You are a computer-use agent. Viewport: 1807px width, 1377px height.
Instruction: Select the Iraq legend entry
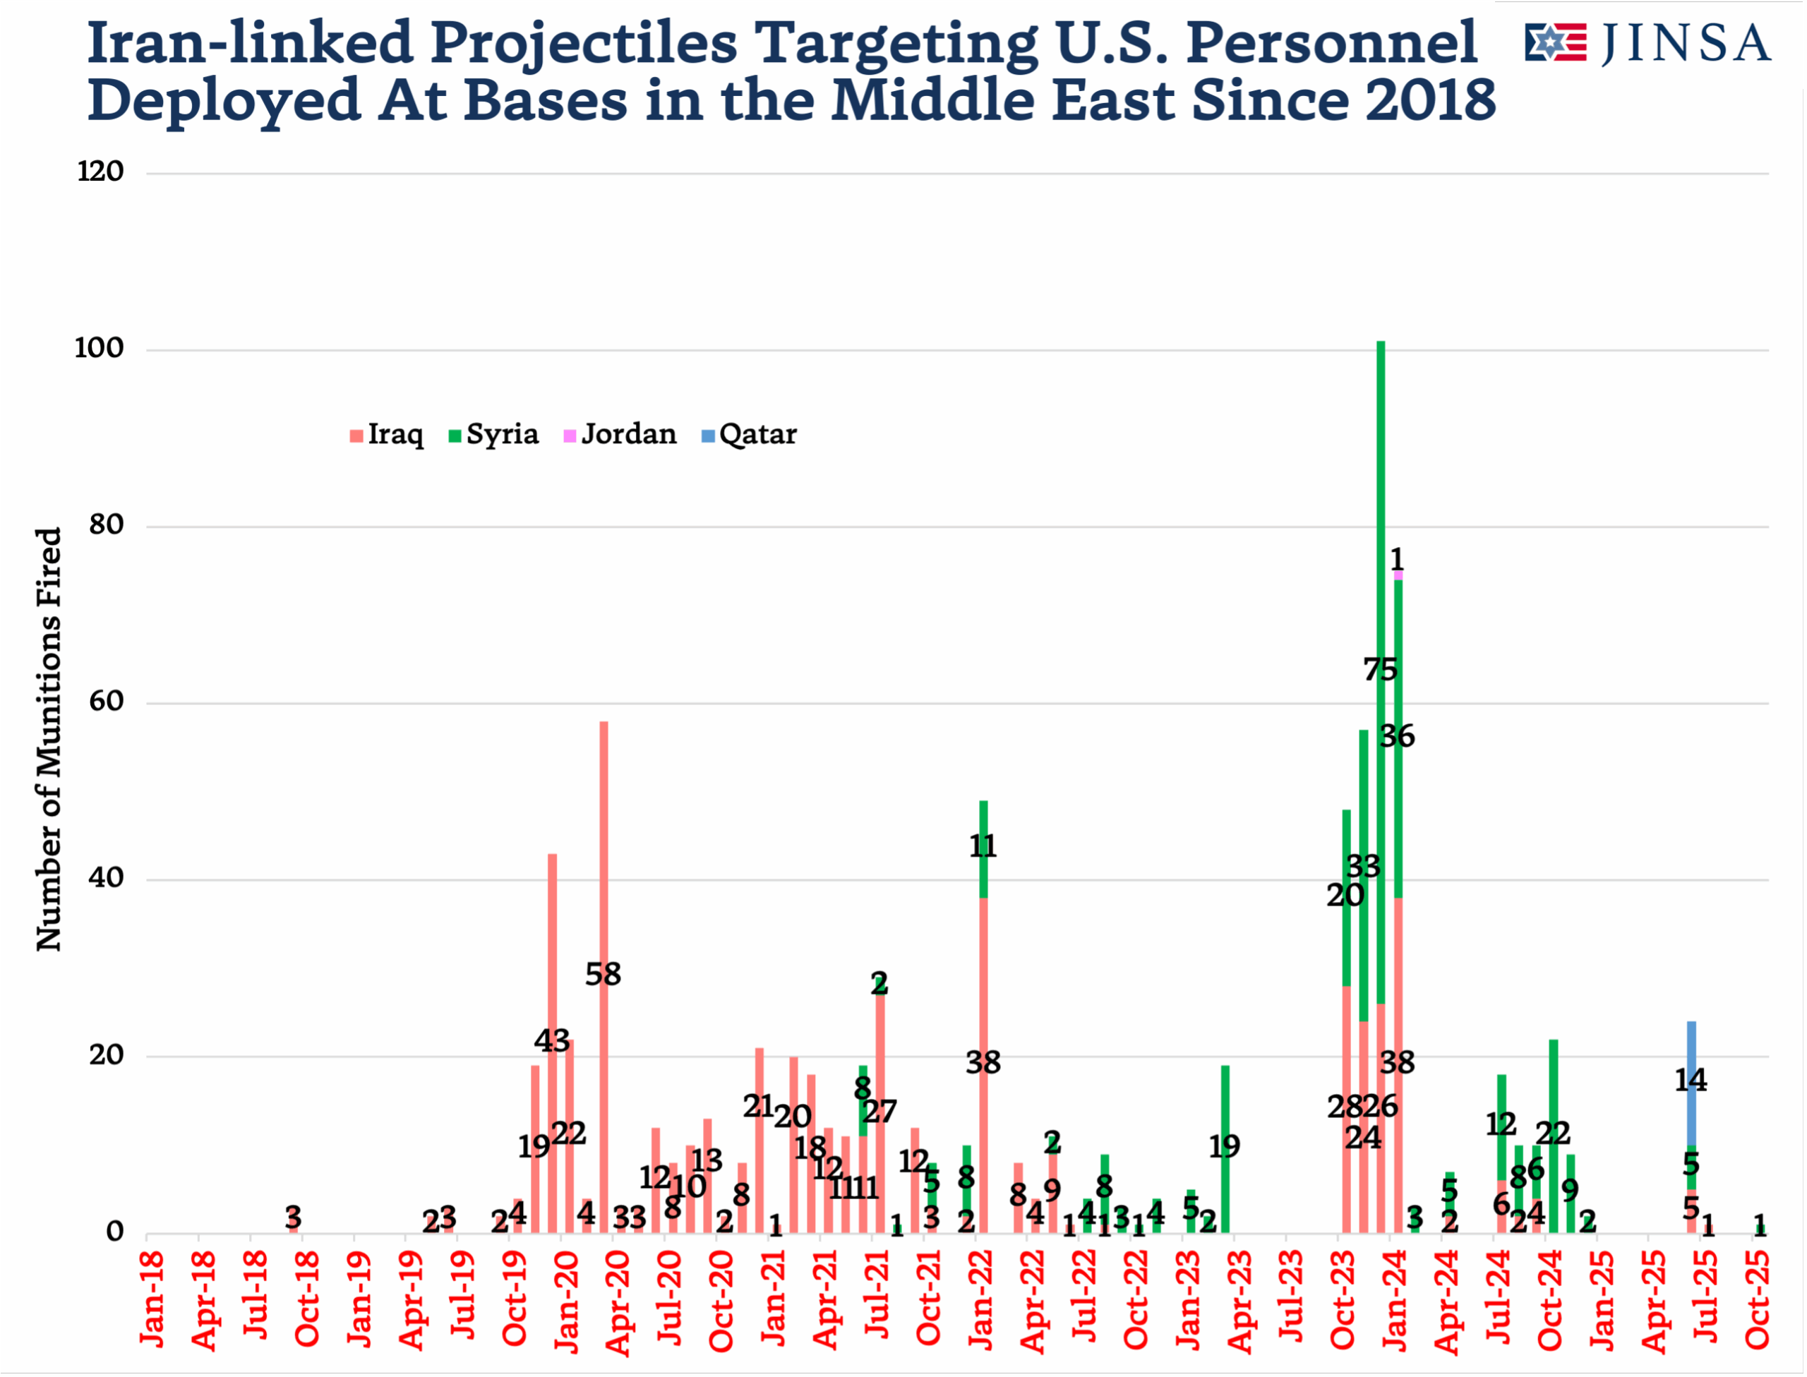(387, 434)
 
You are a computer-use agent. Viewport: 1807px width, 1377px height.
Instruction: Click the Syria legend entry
(494, 434)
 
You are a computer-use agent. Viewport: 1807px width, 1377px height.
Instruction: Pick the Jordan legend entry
(620, 434)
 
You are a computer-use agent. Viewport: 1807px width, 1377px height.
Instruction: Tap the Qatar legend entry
(749, 434)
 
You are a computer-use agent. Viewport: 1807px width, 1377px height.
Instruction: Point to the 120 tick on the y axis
(100, 172)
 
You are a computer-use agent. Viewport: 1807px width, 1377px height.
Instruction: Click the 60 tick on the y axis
(107, 702)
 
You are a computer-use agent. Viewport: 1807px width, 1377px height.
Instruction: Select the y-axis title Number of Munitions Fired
(49, 740)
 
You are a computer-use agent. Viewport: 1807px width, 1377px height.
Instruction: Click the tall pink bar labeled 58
(604, 860)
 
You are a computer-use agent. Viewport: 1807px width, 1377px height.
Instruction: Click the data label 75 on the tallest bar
(1381, 671)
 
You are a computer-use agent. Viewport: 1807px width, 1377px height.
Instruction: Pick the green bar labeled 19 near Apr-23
(1225, 1148)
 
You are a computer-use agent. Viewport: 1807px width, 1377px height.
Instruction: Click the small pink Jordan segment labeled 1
(1398, 575)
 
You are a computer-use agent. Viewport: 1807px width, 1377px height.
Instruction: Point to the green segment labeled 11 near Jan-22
(983, 848)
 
